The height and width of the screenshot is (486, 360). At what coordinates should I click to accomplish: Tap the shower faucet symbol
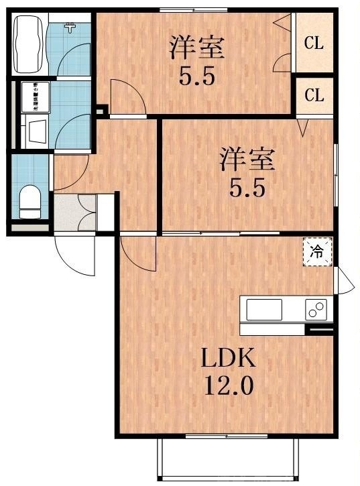tap(69, 27)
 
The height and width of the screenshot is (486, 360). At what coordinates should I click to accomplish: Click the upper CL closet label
tap(314, 44)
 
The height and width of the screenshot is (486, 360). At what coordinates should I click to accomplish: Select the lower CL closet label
tap(314, 95)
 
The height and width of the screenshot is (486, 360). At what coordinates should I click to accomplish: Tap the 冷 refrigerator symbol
tap(317, 252)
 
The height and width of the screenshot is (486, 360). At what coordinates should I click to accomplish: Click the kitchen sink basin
tap(264, 310)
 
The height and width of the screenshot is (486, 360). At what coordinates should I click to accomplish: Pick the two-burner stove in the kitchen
tap(316, 310)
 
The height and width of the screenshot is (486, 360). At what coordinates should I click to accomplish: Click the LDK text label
tap(229, 359)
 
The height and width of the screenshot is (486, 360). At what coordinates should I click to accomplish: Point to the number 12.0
tap(229, 387)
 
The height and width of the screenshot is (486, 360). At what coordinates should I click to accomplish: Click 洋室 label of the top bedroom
tap(196, 48)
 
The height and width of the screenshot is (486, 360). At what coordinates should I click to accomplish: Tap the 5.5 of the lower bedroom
tap(247, 188)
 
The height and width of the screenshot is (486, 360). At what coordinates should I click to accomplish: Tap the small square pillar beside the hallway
tap(101, 110)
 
